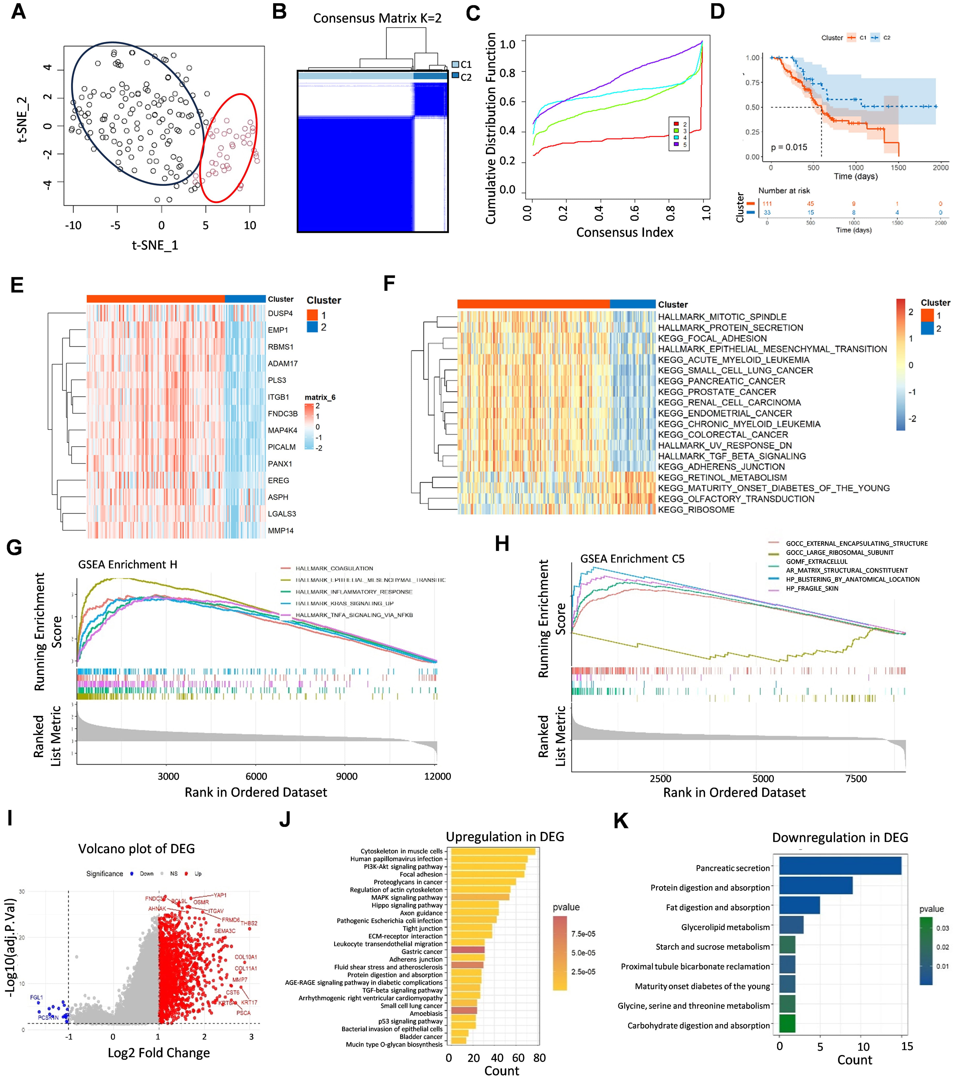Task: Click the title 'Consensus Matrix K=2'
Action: tap(377, 18)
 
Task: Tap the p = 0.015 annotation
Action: tap(789, 147)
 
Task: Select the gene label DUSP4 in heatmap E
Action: tap(280, 314)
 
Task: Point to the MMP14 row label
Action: tap(280, 530)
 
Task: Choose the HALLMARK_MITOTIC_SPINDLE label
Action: tap(722, 317)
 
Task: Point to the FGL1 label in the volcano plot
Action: tap(36, 997)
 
